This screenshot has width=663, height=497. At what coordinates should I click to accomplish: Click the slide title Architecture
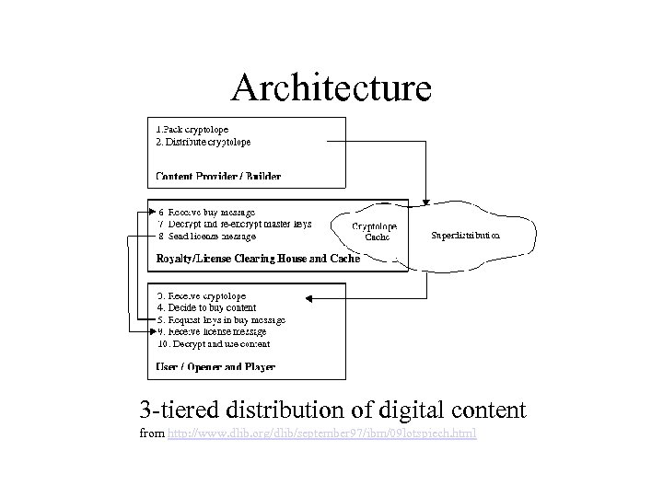(x=331, y=88)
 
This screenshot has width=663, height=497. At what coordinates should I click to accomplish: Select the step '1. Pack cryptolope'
(x=192, y=130)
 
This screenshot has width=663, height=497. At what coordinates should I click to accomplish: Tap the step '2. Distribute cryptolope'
(x=204, y=143)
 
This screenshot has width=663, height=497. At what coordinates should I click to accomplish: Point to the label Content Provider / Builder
(x=218, y=176)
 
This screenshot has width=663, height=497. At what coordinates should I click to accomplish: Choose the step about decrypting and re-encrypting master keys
(x=234, y=224)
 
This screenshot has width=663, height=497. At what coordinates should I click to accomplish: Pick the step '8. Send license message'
(x=206, y=237)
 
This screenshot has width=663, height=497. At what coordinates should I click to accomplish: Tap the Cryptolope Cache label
(x=375, y=231)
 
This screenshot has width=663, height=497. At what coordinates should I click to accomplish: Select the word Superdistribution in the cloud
(x=466, y=236)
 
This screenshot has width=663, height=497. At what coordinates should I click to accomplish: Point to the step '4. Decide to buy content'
(x=206, y=307)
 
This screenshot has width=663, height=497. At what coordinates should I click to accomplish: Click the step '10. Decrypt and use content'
(x=214, y=343)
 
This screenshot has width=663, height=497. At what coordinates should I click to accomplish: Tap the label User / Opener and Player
(x=215, y=367)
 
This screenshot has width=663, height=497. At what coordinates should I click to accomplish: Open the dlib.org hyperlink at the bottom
(x=322, y=433)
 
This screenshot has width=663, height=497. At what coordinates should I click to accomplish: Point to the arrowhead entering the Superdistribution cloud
(x=425, y=202)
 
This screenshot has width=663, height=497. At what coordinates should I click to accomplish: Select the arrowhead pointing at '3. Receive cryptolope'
(x=309, y=297)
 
